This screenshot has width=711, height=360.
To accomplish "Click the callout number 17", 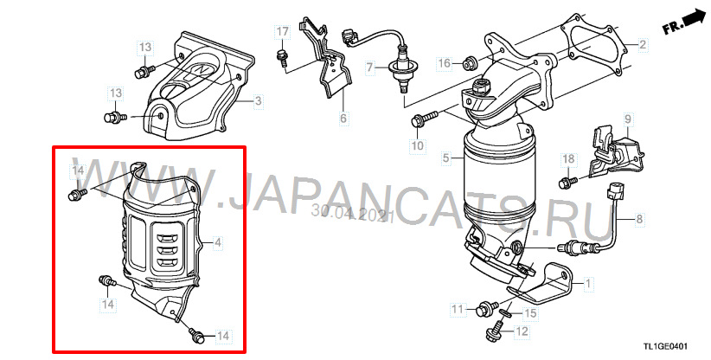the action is (283, 32).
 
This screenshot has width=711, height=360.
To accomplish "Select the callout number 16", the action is (445, 63).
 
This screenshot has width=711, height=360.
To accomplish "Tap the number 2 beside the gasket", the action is (643, 44).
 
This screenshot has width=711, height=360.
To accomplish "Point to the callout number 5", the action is (446, 158).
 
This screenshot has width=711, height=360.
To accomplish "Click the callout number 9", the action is (628, 119).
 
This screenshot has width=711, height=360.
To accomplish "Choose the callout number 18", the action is (568, 158).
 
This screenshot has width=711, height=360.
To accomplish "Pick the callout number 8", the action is (639, 219).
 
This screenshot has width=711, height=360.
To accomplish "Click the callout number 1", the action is (588, 285).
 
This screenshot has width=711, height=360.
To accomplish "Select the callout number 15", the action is (530, 313).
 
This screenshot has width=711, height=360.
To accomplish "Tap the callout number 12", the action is (522, 331).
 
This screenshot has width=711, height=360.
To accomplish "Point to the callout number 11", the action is (458, 309).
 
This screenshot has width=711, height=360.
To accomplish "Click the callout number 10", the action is (417, 145).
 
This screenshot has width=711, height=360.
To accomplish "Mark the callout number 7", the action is (370, 68).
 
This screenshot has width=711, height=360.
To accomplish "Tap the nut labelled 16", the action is (469, 64).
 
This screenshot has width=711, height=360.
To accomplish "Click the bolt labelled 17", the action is (282, 59).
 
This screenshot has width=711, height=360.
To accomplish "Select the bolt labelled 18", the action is (567, 183).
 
